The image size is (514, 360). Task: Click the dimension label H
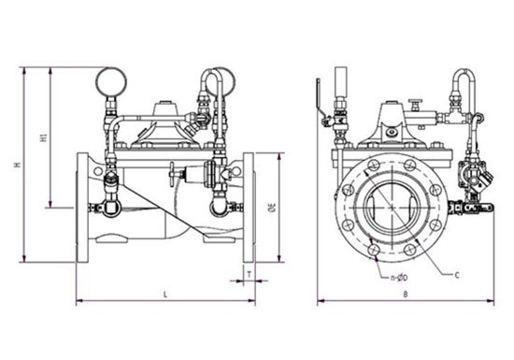[19, 165]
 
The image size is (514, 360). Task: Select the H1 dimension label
[43, 137]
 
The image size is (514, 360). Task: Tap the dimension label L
[165, 295]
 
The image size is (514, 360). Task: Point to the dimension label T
[250, 274]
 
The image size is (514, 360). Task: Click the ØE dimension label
[273, 208]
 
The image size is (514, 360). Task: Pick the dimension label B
[406, 295]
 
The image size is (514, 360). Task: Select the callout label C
[457, 275]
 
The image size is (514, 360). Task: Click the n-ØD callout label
[400, 279]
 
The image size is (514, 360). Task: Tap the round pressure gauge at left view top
[111, 81]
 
